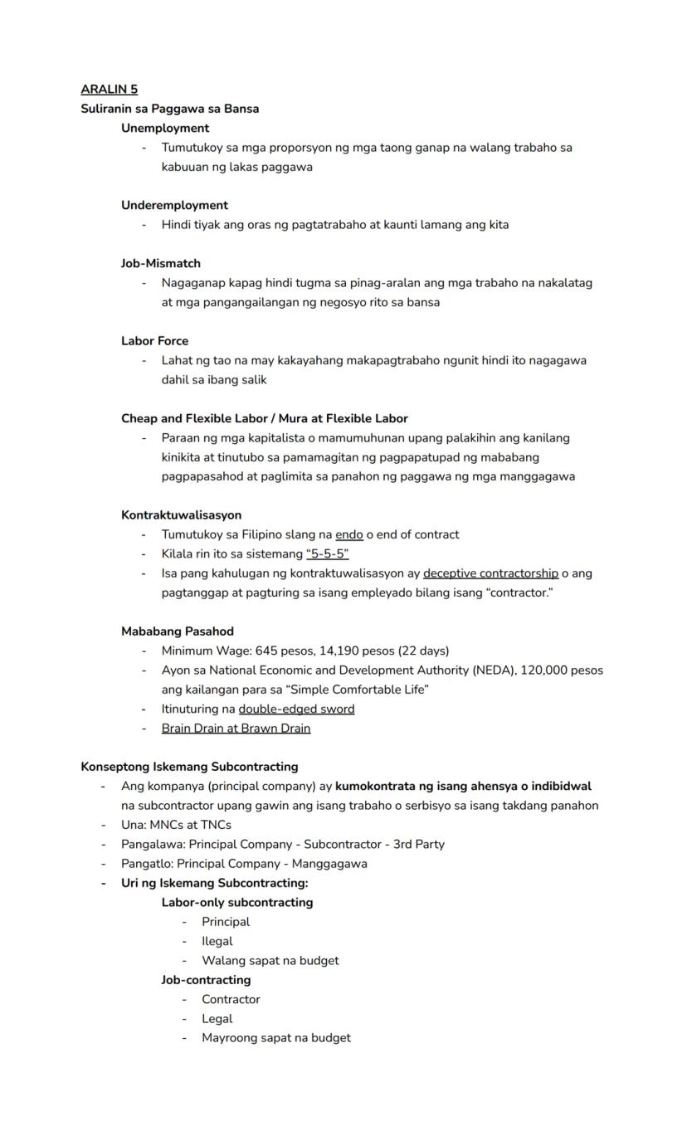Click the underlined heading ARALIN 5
pos(110,89)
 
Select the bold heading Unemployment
pos(165,128)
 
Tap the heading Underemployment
pos(174,205)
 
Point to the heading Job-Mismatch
pos(161,263)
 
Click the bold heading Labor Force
pos(154,341)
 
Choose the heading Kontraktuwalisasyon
pos(181,515)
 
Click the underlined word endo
pos(348,534)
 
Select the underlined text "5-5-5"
pos(327,553)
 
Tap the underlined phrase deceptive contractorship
pos(490,573)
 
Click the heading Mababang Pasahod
pos(178,631)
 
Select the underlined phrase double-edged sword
pos(296,709)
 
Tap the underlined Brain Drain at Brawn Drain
pos(236,729)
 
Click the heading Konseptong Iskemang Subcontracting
pos(189,767)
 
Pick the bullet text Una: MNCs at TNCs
pos(176,825)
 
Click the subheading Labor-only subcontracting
pos(237,902)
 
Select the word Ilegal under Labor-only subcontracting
pos(217,941)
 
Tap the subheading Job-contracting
pos(206,980)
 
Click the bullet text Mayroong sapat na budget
pos(276,1037)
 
